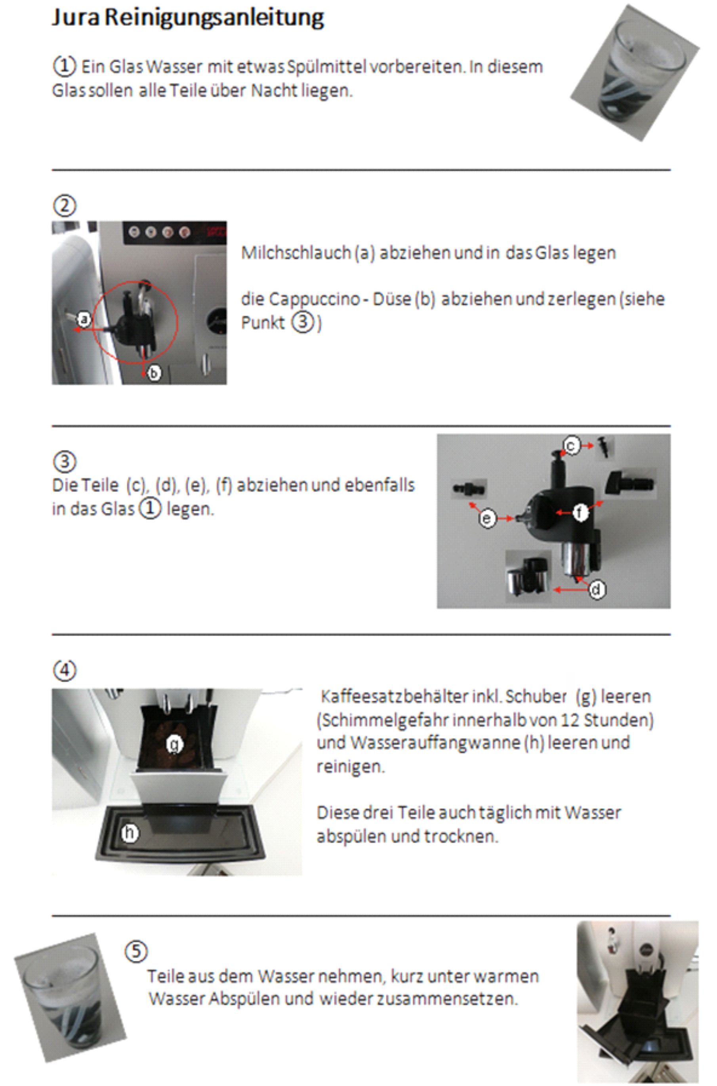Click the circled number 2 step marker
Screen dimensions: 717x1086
(65, 206)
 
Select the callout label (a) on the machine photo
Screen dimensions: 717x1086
(84, 319)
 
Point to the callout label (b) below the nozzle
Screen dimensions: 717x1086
(154, 373)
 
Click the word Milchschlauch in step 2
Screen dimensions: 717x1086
(296, 252)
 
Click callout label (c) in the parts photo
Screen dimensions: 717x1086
(572, 445)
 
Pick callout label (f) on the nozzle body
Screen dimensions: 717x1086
(581, 513)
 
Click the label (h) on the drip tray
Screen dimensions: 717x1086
(130, 833)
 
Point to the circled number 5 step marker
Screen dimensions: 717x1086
(136, 952)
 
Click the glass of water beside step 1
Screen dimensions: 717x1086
(635, 73)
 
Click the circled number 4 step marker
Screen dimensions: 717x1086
(65, 671)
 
